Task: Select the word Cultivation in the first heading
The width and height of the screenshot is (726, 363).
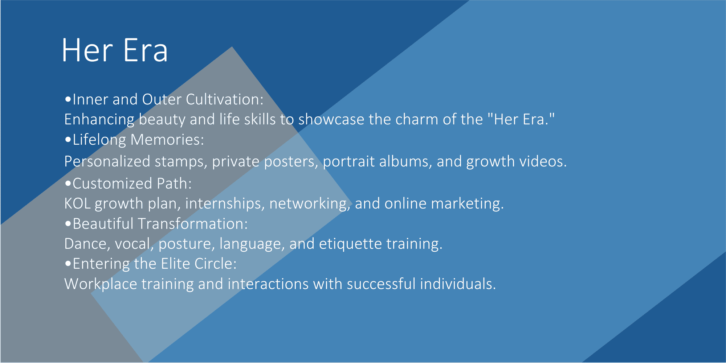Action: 225,99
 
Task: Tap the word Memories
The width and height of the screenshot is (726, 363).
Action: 167,140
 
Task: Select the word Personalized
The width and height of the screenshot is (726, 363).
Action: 107,161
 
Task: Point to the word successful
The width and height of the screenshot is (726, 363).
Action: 381,284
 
